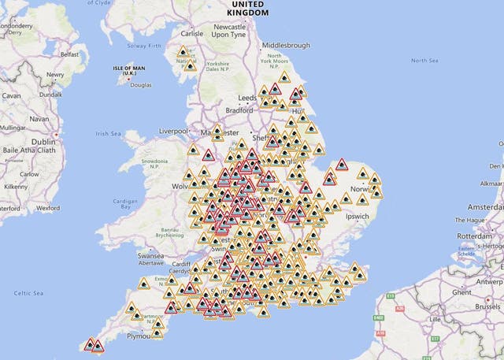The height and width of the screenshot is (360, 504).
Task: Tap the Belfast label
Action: (x=71, y=56)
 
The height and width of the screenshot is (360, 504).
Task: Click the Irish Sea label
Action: (x=112, y=134)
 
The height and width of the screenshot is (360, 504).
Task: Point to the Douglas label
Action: (x=140, y=84)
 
